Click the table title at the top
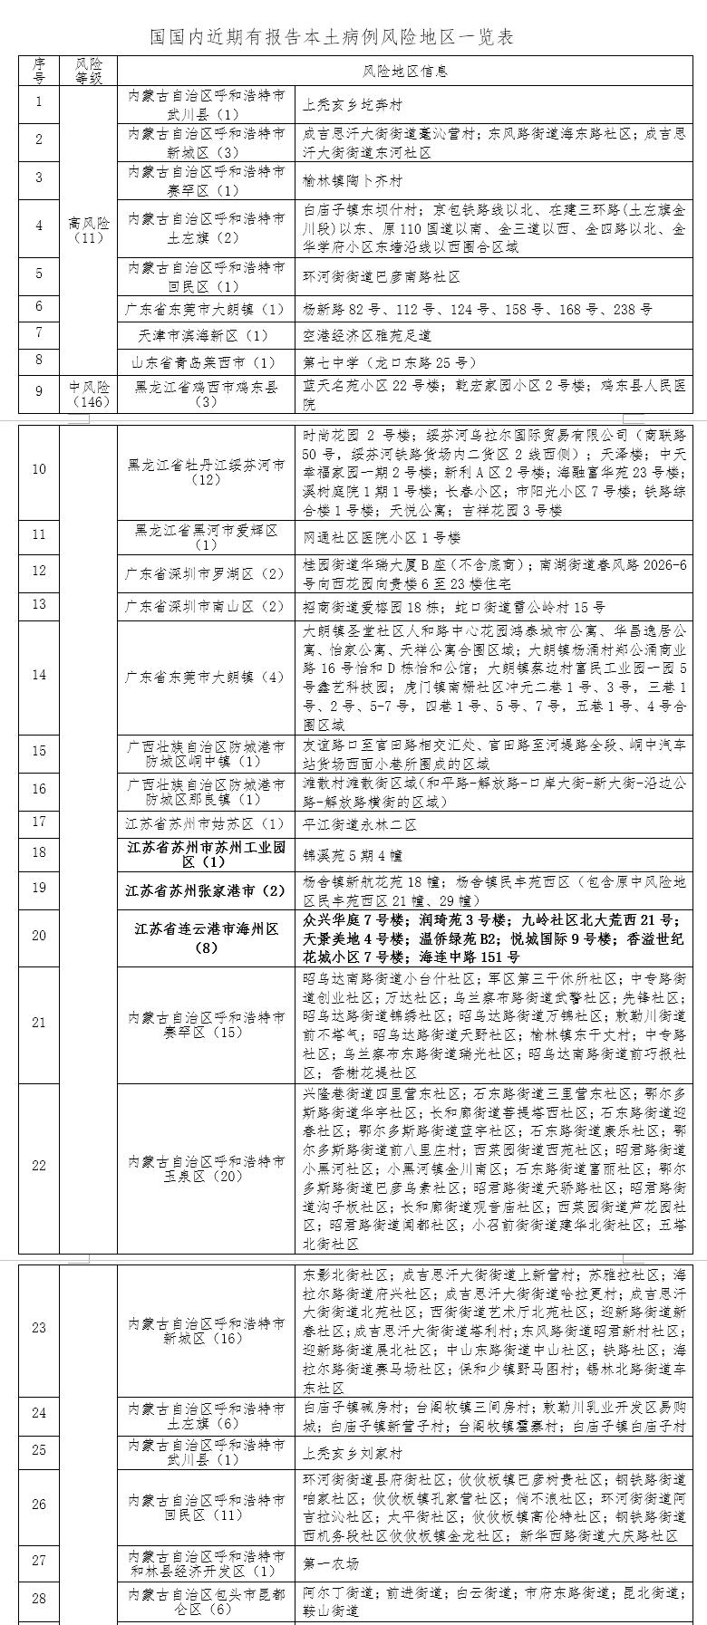[332, 37]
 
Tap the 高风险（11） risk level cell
[89, 230]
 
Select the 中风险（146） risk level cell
[89, 394]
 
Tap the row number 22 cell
[39, 1165]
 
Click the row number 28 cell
[39, 1599]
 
